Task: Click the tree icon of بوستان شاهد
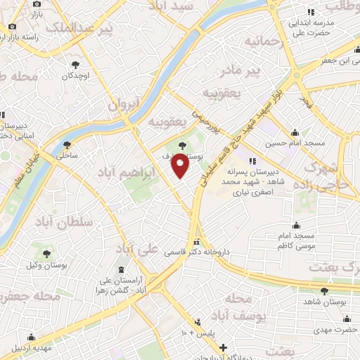click(324, 291)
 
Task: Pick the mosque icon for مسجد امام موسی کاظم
click(297, 225)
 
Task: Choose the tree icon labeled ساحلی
click(67, 143)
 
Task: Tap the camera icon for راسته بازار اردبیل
click(12, 27)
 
